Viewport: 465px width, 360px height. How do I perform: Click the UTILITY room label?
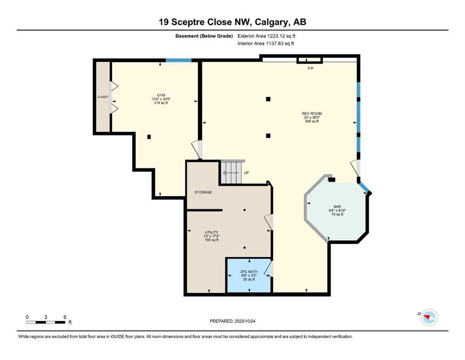click(212, 232)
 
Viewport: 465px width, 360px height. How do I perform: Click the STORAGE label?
click(203, 192)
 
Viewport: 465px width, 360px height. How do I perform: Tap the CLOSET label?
click(103, 97)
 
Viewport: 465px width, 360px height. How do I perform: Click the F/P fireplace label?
click(310, 68)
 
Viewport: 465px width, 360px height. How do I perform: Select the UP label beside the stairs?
click(246, 172)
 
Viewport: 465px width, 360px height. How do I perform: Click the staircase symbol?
click(232, 172)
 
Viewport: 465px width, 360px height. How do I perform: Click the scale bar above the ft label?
click(45, 322)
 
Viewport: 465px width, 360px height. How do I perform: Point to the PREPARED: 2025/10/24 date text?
click(233, 321)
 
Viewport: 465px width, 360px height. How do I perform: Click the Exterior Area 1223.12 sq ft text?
click(266, 36)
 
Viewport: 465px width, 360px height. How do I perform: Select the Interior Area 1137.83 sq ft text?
click(266, 43)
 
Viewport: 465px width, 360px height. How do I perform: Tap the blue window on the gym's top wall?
click(178, 60)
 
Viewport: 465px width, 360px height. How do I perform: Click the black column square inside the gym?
click(149, 137)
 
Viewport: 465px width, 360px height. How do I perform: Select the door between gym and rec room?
click(198, 150)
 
